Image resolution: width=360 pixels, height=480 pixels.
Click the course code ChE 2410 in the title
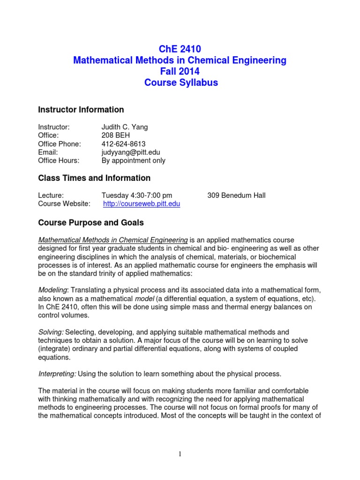[180, 49]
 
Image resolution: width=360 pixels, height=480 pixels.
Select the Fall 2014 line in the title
[180, 72]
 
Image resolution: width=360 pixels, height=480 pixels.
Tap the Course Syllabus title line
[180, 83]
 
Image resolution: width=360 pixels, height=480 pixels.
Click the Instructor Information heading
[81, 110]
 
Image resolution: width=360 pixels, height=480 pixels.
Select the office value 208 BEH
[116, 135]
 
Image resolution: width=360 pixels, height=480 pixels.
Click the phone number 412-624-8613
[123, 144]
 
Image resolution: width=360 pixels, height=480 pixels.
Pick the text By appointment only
[133, 161]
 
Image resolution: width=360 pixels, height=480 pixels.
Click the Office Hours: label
[59, 161]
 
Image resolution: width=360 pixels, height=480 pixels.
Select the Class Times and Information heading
[94, 178]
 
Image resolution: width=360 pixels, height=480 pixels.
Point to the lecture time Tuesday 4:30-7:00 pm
[136, 195]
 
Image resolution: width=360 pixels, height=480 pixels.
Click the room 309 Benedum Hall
[236, 195]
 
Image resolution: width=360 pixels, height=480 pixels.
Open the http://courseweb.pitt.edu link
[142, 204]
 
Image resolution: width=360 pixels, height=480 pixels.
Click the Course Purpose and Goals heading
[90, 222]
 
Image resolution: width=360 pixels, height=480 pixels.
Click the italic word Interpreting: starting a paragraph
[57, 374]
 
